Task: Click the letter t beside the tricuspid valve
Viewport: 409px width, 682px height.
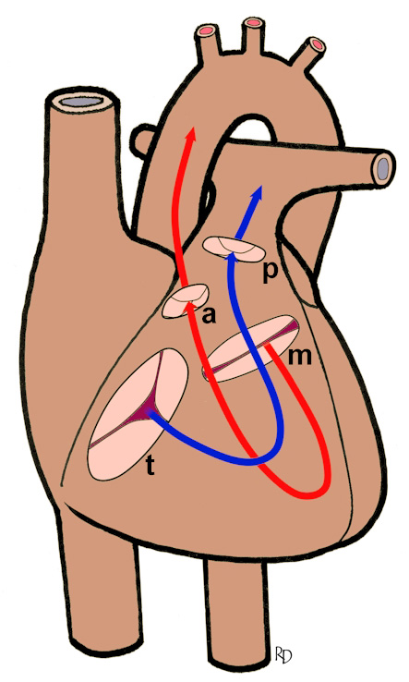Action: click(150, 467)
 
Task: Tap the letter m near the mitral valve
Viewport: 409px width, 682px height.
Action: click(300, 356)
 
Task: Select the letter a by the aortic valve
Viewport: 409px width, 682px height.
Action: click(209, 316)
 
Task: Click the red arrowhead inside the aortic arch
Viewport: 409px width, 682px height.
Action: click(189, 134)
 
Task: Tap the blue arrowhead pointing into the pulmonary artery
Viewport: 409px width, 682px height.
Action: click(259, 193)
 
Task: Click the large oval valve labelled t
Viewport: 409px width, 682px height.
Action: click(138, 414)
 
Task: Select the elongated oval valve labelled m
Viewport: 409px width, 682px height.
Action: click(252, 348)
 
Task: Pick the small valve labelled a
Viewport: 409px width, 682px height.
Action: click(186, 301)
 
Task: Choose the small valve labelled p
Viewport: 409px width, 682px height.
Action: click(234, 249)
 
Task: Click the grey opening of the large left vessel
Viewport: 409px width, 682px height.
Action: click(81, 102)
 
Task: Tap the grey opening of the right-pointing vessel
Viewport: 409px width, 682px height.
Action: click(383, 167)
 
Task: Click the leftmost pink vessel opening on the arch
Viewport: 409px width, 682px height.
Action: click(206, 31)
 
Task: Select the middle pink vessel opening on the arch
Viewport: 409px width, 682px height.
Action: click(253, 22)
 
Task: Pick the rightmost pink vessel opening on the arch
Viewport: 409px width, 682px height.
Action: click(318, 44)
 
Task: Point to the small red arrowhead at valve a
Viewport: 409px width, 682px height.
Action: click(188, 309)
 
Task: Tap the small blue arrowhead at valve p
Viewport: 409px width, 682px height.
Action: click(233, 256)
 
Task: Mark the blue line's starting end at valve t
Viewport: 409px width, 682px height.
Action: click(150, 411)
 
